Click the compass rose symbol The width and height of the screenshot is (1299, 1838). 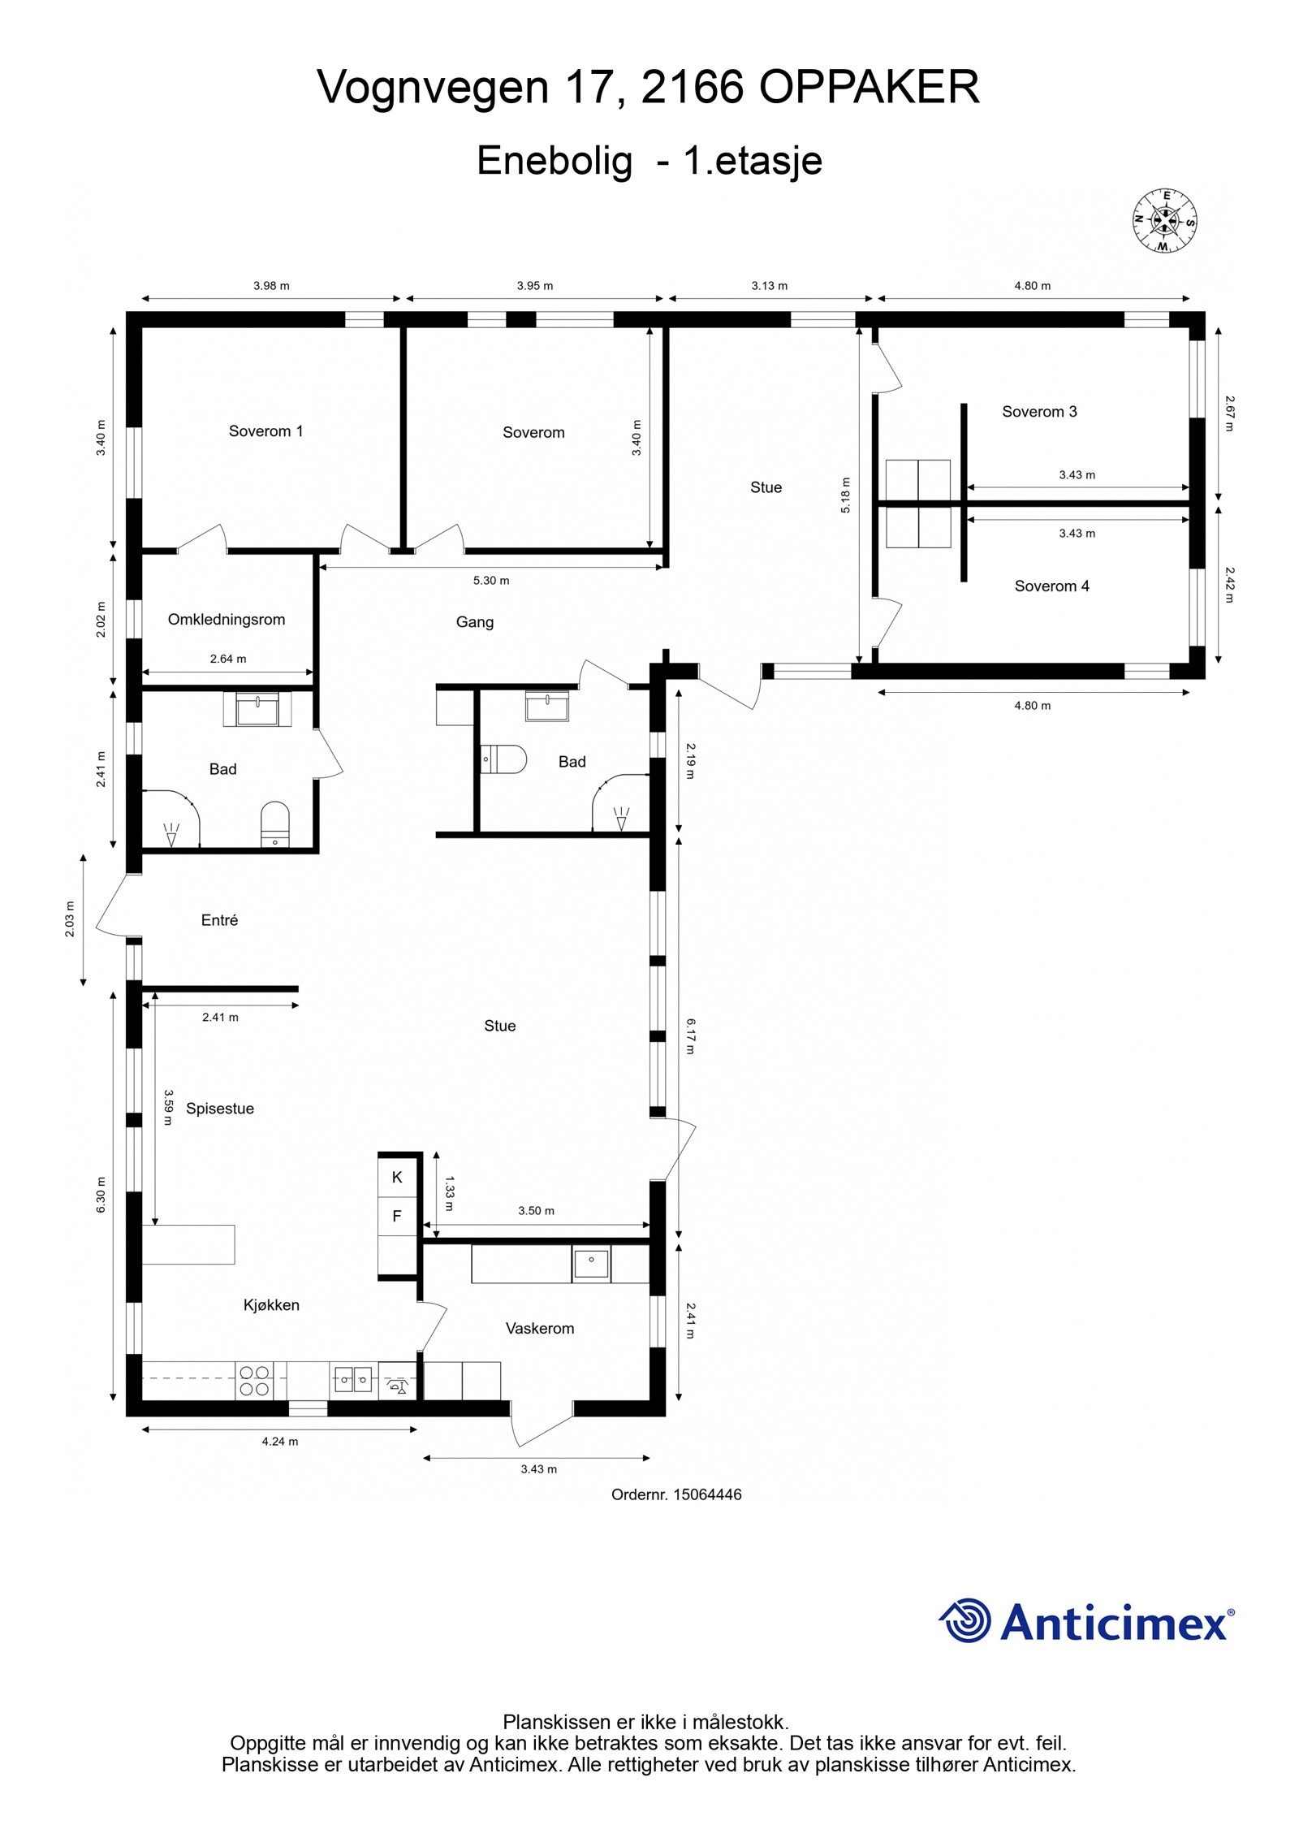click(x=1164, y=220)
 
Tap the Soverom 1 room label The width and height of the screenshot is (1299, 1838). click(x=265, y=431)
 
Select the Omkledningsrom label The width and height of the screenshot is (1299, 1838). click(x=227, y=620)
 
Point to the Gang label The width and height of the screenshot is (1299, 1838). click(x=475, y=622)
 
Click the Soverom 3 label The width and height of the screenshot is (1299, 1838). click(x=1039, y=412)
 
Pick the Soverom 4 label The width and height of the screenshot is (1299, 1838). click(x=1051, y=586)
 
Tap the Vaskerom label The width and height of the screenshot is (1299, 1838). click(x=540, y=1329)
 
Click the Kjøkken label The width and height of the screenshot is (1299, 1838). click(x=271, y=1305)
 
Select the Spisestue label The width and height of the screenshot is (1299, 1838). click(x=220, y=1109)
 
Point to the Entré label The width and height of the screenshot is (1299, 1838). click(x=219, y=920)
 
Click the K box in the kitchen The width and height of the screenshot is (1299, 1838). click(x=397, y=1177)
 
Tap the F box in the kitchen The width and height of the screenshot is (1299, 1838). click(x=397, y=1216)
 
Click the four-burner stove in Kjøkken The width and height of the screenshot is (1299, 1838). click(x=253, y=1381)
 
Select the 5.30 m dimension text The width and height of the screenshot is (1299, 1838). click(x=491, y=581)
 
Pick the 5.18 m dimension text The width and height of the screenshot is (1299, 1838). click(x=845, y=495)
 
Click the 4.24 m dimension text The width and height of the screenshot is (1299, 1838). click(x=280, y=1442)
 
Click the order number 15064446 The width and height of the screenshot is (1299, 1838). click(x=707, y=1494)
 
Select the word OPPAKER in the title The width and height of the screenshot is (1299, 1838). click(x=870, y=87)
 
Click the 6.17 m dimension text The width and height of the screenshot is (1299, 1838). click(x=690, y=1037)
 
